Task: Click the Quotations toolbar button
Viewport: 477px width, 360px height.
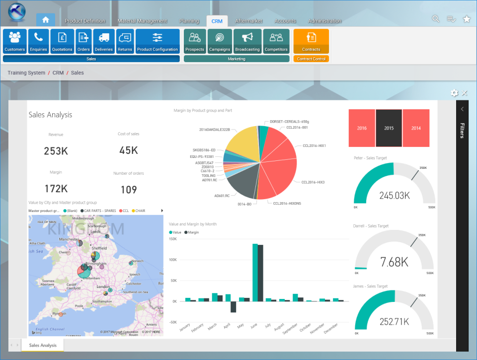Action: pos(62,41)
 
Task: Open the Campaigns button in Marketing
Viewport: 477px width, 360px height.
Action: pos(219,41)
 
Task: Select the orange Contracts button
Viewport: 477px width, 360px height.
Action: pos(311,41)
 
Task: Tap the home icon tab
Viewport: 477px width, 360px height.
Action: pos(46,20)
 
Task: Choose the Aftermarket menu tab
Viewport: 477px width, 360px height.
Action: pos(248,21)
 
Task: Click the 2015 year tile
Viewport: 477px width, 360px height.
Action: pos(389,128)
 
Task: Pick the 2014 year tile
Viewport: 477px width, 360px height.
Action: pos(416,128)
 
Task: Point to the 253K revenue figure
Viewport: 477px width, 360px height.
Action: pos(56,151)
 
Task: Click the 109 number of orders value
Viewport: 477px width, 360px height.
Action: pos(129,189)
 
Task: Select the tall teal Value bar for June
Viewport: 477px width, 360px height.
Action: pos(255,273)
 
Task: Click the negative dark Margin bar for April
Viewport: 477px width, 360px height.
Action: pos(233,306)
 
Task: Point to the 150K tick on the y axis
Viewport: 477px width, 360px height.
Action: pos(173,239)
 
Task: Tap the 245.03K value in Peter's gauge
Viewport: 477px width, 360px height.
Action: pos(394,196)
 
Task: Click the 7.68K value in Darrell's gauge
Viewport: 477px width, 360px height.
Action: pos(394,262)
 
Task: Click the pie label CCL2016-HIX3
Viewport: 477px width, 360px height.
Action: pos(313,182)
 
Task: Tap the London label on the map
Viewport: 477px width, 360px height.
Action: pos(103,287)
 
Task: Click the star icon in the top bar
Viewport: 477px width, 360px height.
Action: pos(467,19)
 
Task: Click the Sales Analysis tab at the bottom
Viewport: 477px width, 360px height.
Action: pos(42,345)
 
